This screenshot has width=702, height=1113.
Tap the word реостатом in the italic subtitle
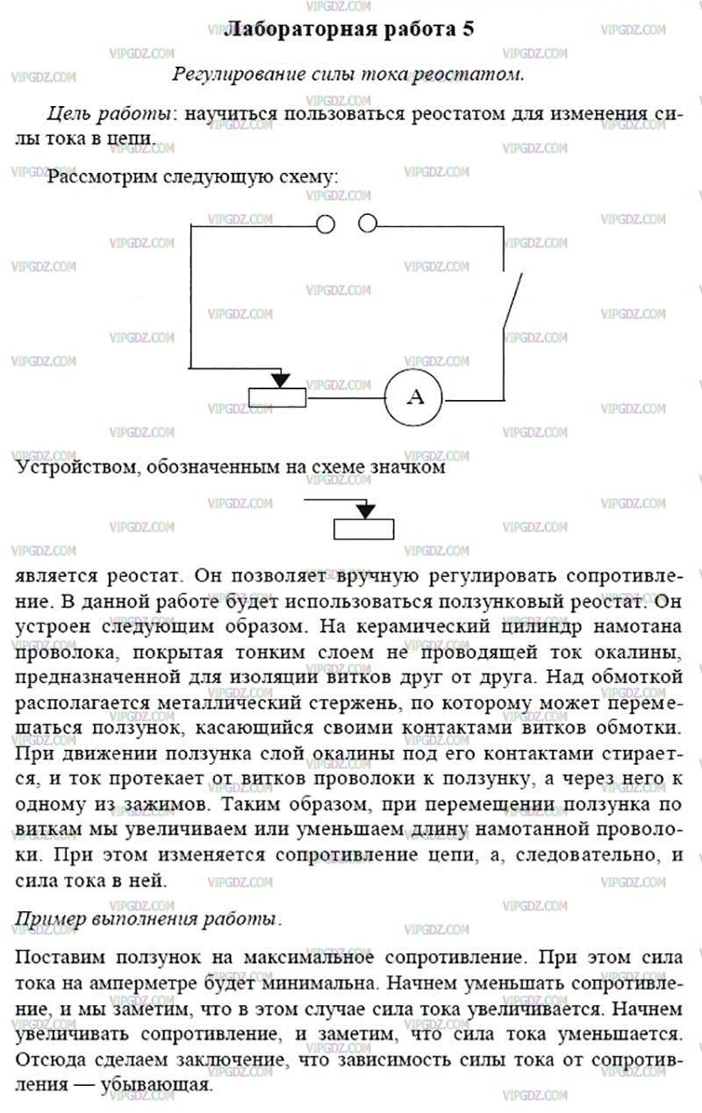click(x=477, y=74)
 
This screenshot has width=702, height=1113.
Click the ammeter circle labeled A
click(x=417, y=396)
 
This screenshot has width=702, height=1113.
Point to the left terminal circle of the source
click(x=326, y=225)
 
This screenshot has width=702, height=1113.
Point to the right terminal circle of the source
click(x=368, y=225)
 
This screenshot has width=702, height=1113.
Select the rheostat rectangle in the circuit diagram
click(x=277, y=396)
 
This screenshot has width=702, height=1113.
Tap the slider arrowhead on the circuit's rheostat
click(x=280, y=380)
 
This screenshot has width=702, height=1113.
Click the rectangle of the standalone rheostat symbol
click(x=364, y=528)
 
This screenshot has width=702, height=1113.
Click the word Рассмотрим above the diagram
click(x=104, y=177)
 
